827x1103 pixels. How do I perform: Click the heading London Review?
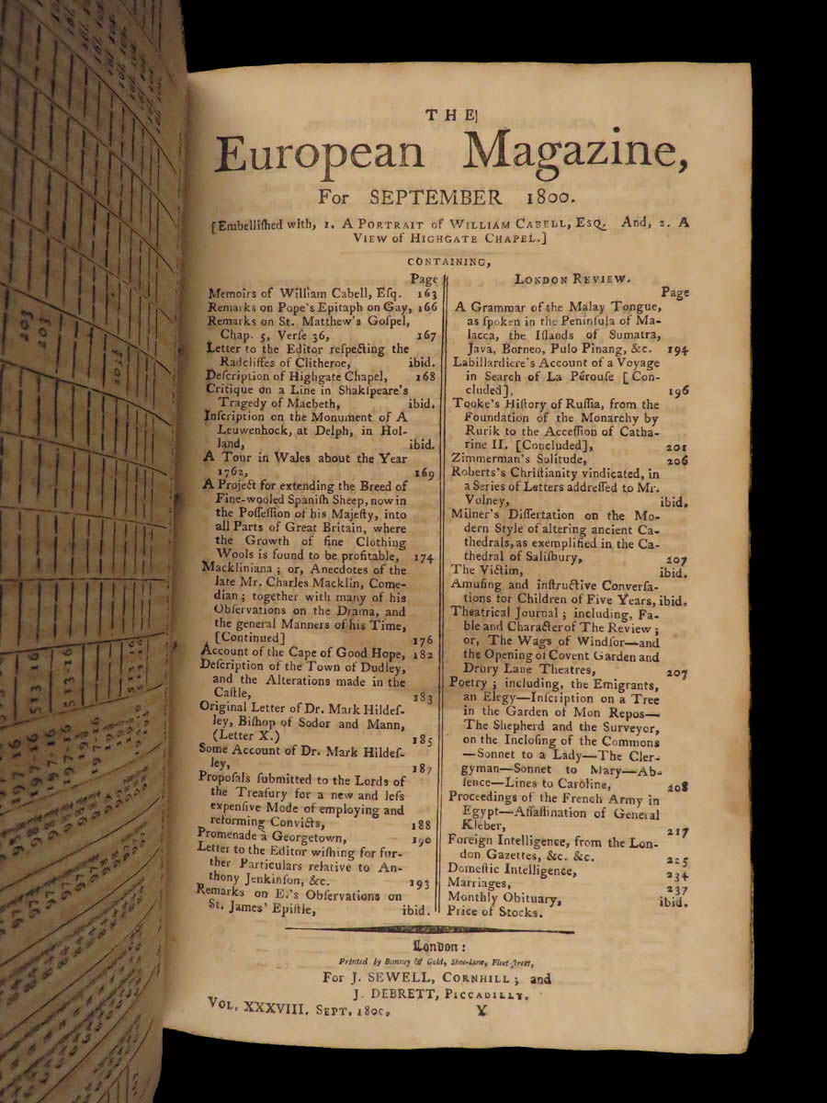[x=564, y=277]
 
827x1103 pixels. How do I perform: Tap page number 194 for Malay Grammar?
[x=678, y=351]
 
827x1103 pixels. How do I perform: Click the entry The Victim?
[x=481, y=570]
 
